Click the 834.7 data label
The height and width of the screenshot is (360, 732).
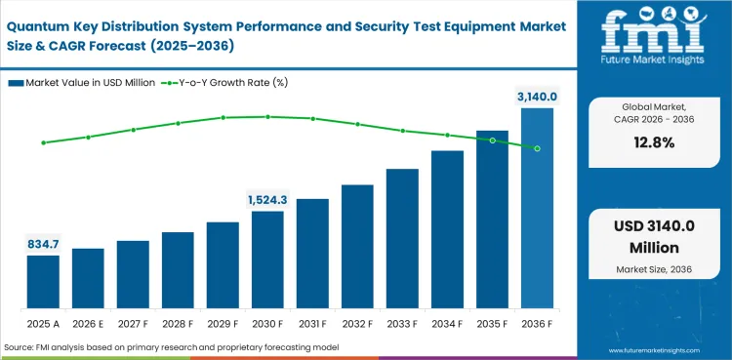(43, 243)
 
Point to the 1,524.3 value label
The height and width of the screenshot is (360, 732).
(267, 199)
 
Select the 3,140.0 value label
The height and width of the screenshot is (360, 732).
(537, 96)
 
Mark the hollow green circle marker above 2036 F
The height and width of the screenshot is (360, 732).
(537, 148)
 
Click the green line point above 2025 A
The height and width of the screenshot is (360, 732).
(43, 142)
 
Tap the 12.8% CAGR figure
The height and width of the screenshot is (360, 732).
(655, 142)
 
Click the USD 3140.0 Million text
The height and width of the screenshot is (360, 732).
(655, 236)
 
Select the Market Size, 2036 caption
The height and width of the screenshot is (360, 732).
(655, 268)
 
